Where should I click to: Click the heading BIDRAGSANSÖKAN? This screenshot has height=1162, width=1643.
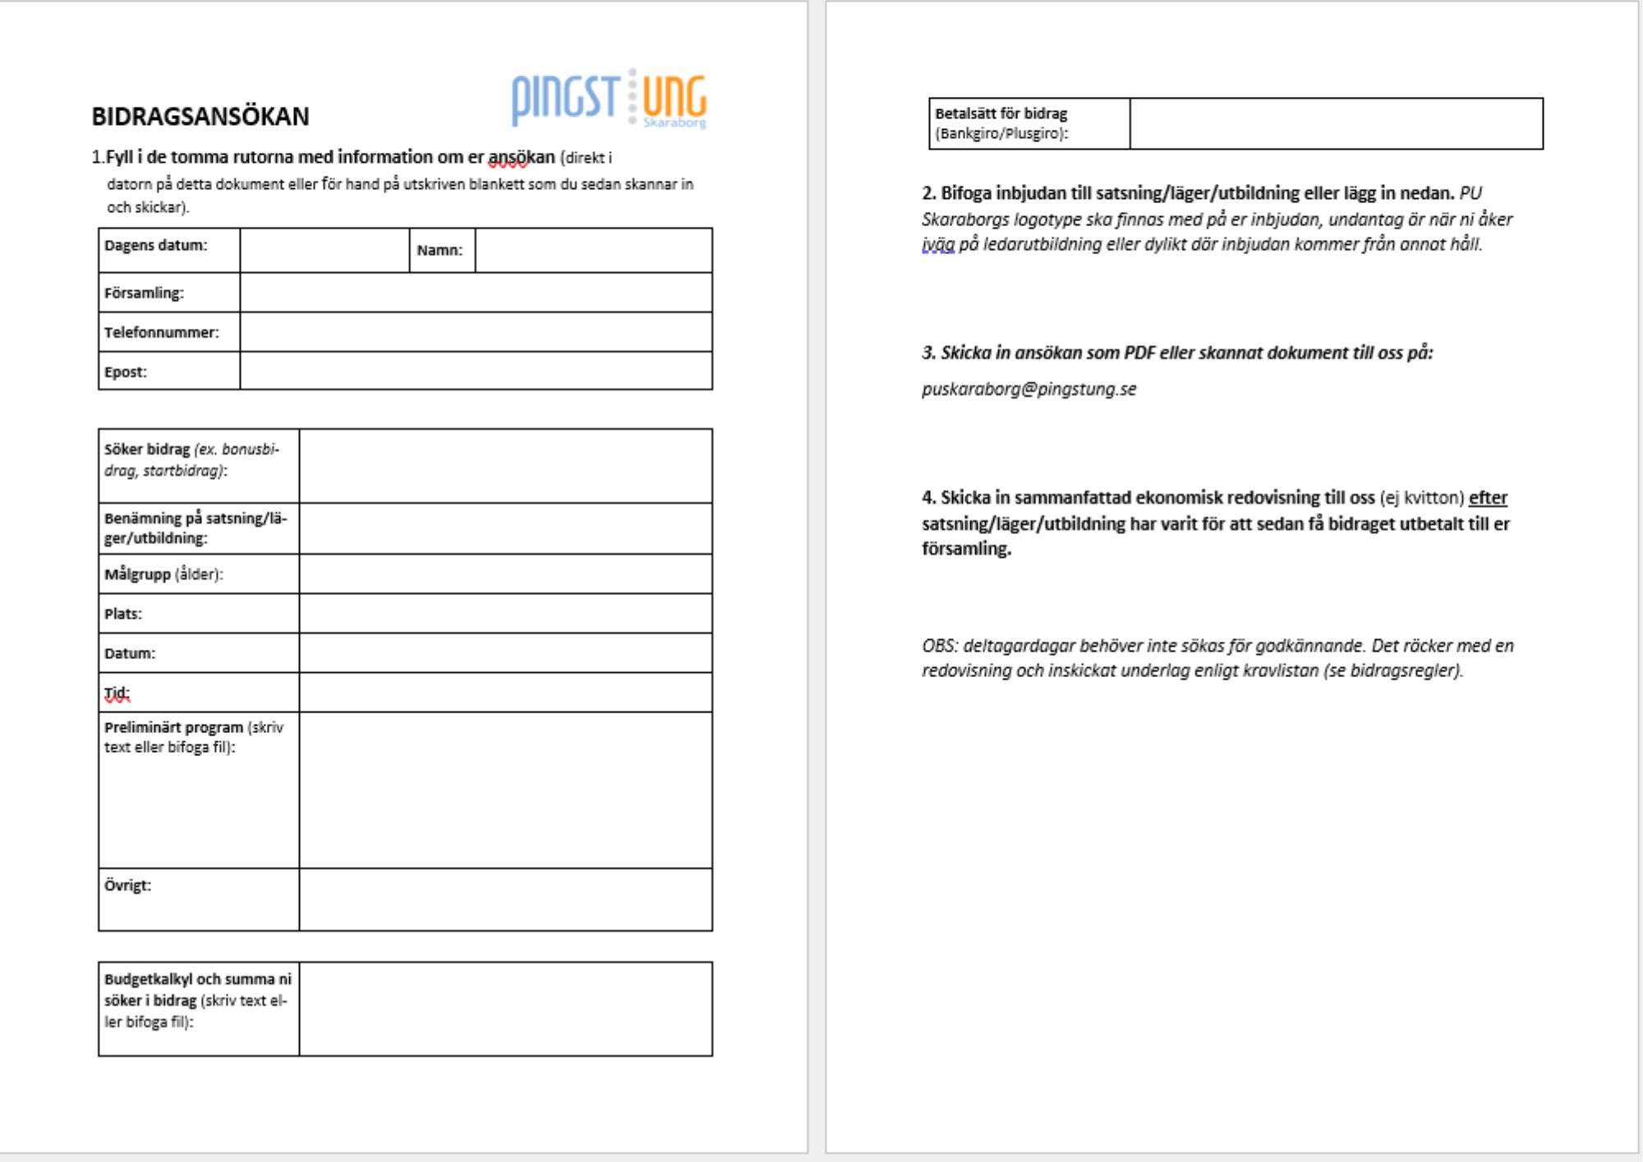point(200,117)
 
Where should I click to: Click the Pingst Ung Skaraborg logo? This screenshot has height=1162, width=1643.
point(609,99)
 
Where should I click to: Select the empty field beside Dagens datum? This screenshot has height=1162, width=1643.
point(324,250)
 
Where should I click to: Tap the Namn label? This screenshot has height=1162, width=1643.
point(440,251)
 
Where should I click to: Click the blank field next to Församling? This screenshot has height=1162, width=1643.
point(476,293)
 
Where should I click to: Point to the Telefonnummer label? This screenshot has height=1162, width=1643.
point(162,332)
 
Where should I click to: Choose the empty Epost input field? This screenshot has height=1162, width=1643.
point(476,371)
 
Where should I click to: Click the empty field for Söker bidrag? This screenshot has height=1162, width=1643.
point(505,465)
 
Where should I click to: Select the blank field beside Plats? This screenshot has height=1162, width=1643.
point(505,613)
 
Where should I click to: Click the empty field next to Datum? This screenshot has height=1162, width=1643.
point(505,652)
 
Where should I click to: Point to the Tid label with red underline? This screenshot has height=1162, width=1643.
point(117,694)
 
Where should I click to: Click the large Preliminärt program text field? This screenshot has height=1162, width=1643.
point(505,790)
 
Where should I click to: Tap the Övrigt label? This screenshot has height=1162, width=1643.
point(127,886)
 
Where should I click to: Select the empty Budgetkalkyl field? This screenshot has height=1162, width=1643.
point(505,1008)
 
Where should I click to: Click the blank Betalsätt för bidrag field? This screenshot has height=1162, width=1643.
point(1336,124)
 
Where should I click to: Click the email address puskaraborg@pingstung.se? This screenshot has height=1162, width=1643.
point(1029,390)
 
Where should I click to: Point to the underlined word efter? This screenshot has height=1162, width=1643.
point(1488,498)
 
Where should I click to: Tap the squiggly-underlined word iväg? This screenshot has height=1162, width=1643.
point(938,245)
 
